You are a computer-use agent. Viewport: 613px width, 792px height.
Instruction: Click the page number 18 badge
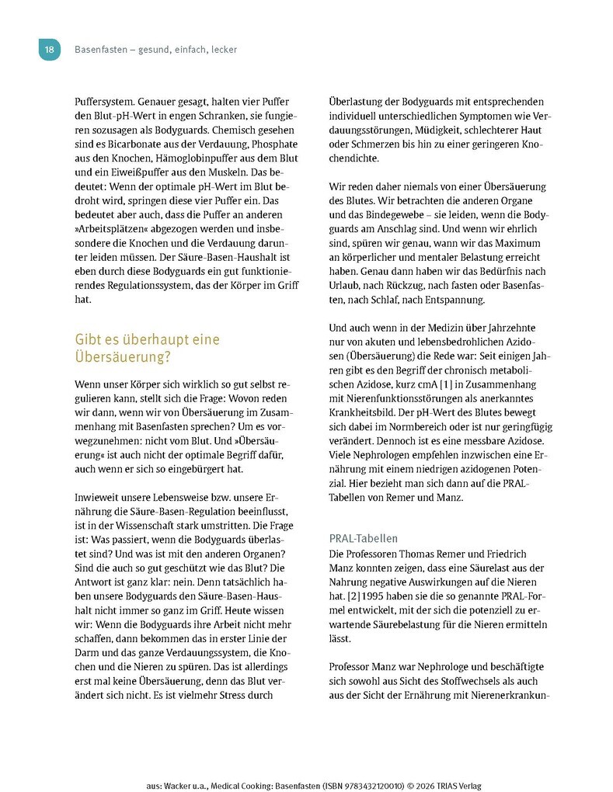point(49,50)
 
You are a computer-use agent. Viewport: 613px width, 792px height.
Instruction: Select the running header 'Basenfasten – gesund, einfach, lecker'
point(155,50)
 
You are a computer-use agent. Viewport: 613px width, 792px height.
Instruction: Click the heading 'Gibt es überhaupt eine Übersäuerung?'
point(147,348)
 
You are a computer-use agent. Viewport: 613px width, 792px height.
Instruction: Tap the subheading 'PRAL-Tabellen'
point(363,537)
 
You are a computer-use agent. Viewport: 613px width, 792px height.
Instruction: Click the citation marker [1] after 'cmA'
point(425,383)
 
